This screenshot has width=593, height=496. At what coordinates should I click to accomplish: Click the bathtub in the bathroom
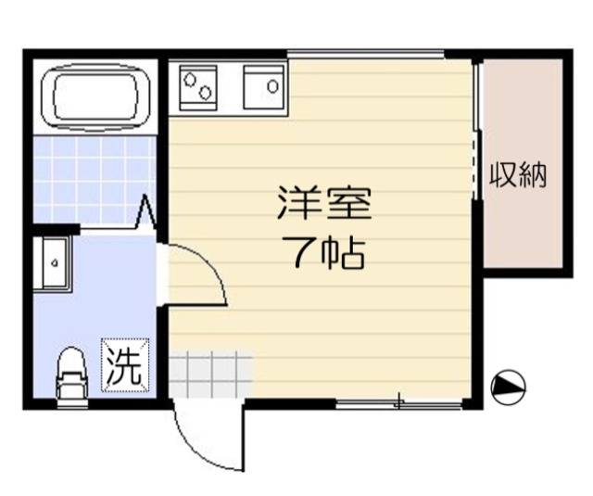point(95,96)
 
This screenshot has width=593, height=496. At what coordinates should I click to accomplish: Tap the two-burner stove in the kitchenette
point(197,88)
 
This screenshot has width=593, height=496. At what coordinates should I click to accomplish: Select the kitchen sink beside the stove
point(263,87)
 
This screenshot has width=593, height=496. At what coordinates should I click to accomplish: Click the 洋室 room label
point(324,203)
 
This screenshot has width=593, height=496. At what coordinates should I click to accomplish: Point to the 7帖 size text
point(328,252)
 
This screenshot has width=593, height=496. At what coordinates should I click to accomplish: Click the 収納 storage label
point(519,175)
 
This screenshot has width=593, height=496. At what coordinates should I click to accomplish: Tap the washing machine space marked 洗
point(125,365)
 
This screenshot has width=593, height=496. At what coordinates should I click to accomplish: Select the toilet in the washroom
point(72,376)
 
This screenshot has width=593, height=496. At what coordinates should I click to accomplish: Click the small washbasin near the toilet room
point(52,263)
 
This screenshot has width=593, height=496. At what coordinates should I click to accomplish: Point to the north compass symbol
point(508,387)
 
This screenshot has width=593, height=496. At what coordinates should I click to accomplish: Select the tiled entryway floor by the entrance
point(210,375)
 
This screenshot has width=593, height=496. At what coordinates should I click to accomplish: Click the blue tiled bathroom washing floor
point(95,179)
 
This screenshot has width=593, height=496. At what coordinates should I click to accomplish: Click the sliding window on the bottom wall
point(399,404)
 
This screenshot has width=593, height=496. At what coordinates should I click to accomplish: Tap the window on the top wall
point(365,55)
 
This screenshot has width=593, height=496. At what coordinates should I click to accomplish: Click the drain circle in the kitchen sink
point(272,86)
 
